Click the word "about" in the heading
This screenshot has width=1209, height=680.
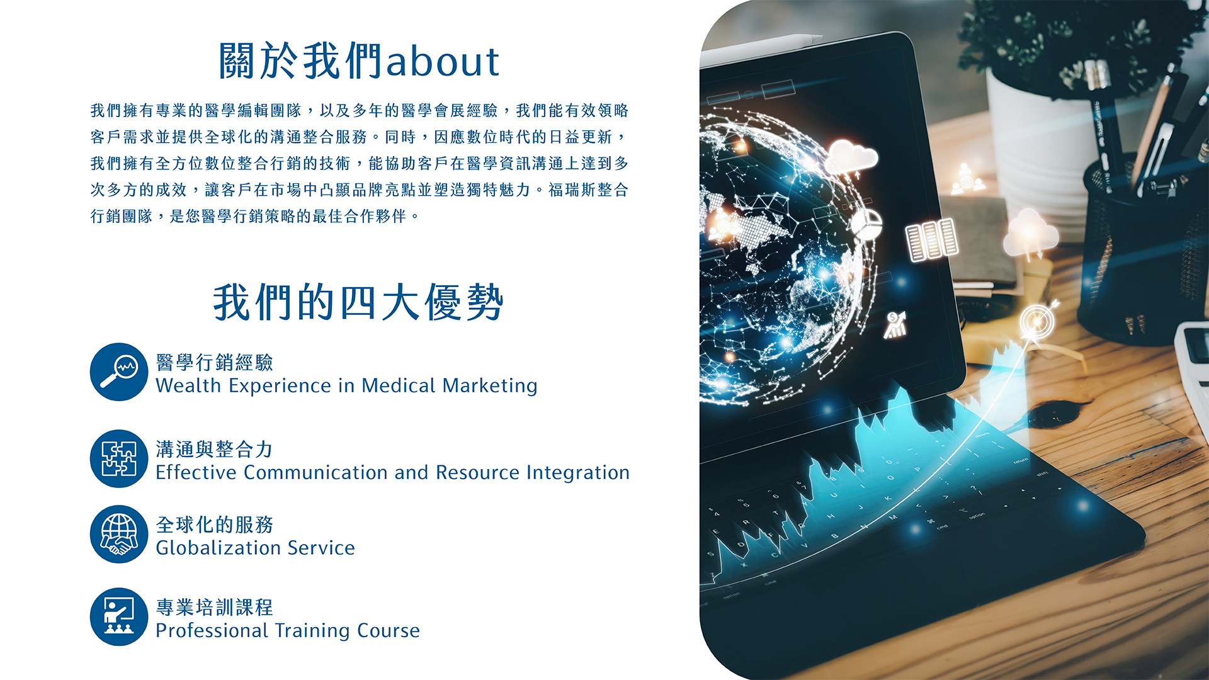pos(443,61)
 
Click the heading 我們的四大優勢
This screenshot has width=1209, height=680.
pos(358,302)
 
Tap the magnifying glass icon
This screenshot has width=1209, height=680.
pos(119,371)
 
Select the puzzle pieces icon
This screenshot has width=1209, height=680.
pos(119,458)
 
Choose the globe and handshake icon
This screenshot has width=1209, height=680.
pos(119,534)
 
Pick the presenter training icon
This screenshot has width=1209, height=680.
pos(119,616)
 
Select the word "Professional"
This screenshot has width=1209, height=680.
pos(212,630)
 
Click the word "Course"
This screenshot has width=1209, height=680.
pos(389,630)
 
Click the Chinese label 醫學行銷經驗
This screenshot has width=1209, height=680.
pos(214,362)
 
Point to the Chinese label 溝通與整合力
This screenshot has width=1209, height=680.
pos(214,449)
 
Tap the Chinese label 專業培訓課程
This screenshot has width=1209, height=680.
pos(214,607)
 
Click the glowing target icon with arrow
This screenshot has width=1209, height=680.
pos(1036,321)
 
